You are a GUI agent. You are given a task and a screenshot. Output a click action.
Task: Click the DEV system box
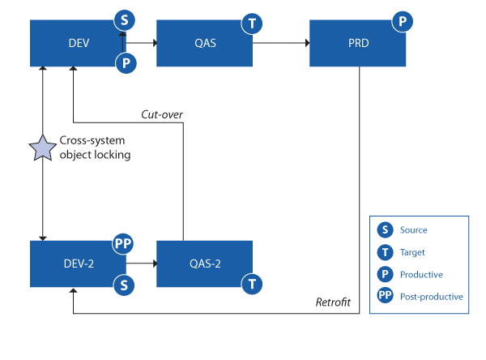click(x=78, y=43)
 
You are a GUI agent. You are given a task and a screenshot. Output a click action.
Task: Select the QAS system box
click(x=204, y=43)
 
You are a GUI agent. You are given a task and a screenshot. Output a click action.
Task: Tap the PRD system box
click(x=357, y=43)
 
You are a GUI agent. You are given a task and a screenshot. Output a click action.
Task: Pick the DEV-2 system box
click(x=78, y=264)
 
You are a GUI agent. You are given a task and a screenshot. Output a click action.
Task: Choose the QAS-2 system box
click(x=204, y=264)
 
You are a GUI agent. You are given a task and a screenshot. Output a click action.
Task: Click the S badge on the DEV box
click(x=124, y=20)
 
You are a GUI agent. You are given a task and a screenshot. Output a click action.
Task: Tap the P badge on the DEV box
click(x=126, y=63)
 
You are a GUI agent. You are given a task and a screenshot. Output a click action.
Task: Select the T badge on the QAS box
click(x=252, y=24)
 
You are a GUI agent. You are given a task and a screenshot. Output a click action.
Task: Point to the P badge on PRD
click(x=403, y=21)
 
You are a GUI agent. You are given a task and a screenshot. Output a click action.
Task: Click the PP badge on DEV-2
click(x=123, y=243)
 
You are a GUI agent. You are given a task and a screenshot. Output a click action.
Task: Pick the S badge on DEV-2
click(x=124, y=285)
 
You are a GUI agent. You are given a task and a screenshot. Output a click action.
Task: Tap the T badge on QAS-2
click(x=252, y=284)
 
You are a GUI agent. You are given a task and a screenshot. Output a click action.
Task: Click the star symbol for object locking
click(x=42, y=148)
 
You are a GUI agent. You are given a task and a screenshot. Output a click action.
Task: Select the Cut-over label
click(x=162, y=114)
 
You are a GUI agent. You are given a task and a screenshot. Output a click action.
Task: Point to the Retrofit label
click(x=333, y=302)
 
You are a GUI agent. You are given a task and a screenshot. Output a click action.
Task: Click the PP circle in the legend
click(x=385, y=295)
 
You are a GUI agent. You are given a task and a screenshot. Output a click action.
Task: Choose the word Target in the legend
click(x=412, y=252)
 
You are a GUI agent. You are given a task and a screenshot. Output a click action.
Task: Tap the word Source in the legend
click(x=413, y=230)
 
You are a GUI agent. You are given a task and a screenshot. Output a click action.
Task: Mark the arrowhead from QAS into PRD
click(x=307, y=43)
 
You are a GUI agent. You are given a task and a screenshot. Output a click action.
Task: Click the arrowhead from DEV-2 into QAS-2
click(x=156, y=264)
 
